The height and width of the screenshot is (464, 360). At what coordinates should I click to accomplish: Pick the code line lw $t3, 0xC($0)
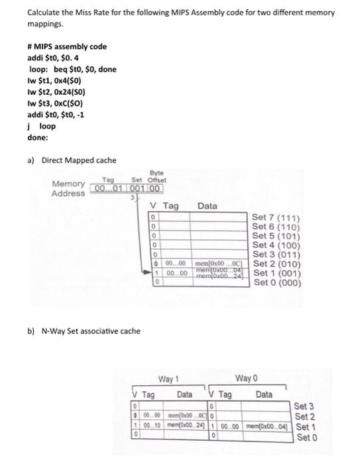pos(56,103)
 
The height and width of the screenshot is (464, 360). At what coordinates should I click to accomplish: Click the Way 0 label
pos(245,379)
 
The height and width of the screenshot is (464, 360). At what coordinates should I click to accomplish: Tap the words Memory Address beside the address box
pos(68,188)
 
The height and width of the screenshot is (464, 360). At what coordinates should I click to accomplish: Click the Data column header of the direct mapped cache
pos(207,206)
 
